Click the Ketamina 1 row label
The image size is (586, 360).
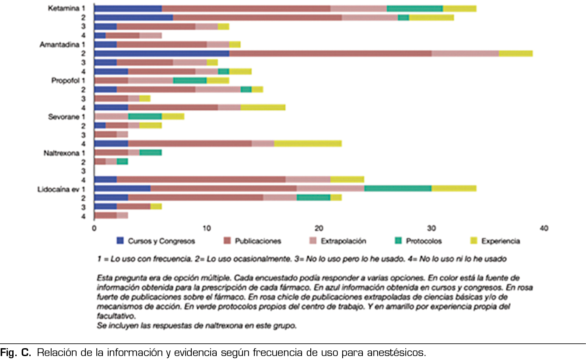pyautogui.click(x=67, y=9)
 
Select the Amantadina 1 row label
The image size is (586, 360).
pyautogui.click(x=62, y=45)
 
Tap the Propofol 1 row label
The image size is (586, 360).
pyautogui.click(x=67, y=80)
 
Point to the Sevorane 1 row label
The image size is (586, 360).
pyautogui.click(x=66, y=117)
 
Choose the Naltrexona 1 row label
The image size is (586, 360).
pyautogui.click(x=64, y=153)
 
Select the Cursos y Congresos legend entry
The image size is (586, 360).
pyautogui.click(x=155, y=241)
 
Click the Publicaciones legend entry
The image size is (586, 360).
pyautogui.click(x=252, y=241)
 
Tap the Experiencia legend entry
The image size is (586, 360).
pyautogui.click(x=495, y=241)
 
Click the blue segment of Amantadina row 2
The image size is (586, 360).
pyautogui.click(x=161, y=53)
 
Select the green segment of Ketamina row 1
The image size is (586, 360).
pyautogui.click(x=415, y=8)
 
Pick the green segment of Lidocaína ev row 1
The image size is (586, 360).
pyautogui.click(x=398, y=189)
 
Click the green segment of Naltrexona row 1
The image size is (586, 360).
pyautogui.click(x=151, y=153)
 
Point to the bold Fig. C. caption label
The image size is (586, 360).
pyautogui.click(x=15, y=353)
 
